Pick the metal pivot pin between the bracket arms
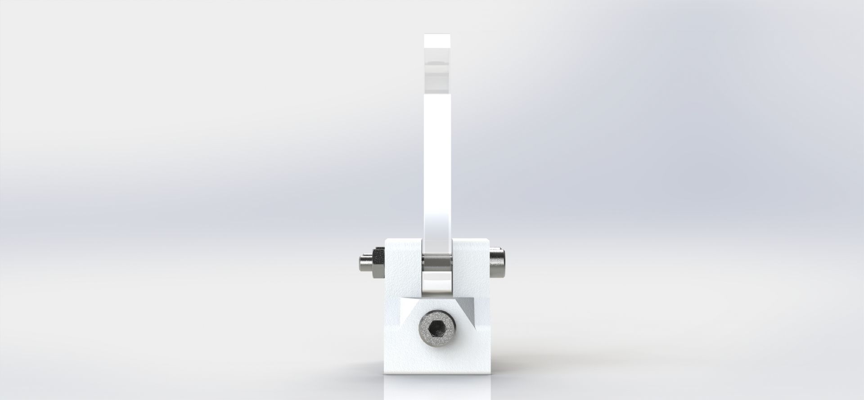[436, 261]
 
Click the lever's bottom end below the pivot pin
[436, 286]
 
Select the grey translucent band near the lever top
[437, 67]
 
